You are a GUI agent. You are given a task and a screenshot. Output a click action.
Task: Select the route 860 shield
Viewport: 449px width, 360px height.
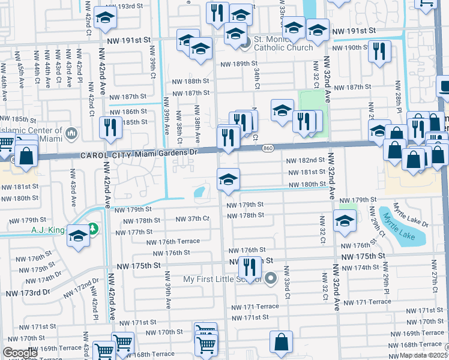(268, 148)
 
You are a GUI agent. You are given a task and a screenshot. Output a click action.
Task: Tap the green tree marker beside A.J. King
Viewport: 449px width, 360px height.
(92, 228)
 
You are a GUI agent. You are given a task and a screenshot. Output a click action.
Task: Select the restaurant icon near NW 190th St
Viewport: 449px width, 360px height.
(379, 51)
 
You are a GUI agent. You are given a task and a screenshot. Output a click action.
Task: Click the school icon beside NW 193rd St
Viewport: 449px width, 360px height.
(106, 19)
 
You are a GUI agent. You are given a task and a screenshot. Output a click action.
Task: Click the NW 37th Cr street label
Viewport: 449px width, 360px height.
(192, 219)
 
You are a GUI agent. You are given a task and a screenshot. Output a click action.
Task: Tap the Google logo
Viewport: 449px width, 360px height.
(20, 353)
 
